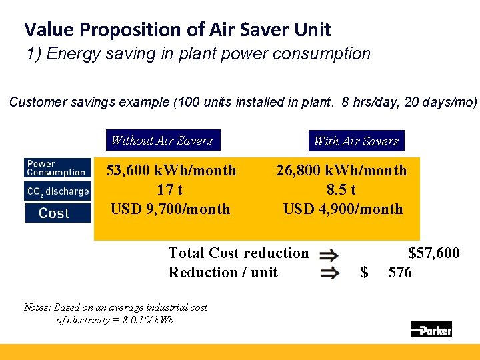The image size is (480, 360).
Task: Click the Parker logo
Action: click(x=431, y=329)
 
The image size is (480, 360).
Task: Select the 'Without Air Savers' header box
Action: click(x=162, y=141)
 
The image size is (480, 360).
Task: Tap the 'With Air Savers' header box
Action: click(x=356, y=141)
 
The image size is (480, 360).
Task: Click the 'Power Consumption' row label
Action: click(x=56, y=168)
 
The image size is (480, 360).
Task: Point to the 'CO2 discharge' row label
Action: click(x=57, y=191)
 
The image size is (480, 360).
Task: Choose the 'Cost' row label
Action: click(x=56, y=213)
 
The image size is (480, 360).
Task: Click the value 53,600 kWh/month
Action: click(x=171, y=171)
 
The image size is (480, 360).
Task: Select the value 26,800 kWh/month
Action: click(x=341, y=171)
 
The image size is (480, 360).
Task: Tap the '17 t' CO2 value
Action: click(x=170, y=190)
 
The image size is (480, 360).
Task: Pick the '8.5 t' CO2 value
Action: click(x=341, y=190)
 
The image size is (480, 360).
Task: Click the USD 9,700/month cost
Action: click(x=170, y=209)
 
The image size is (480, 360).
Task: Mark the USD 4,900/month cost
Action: click(x=343, y=209)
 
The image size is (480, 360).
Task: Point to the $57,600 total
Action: click(x=433, y=253)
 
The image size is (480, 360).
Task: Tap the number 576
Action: click(x=400, y=273)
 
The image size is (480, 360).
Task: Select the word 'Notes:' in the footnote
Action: click(x=37, y=308)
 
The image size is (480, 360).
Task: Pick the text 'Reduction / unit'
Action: click(x=223, y=273)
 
